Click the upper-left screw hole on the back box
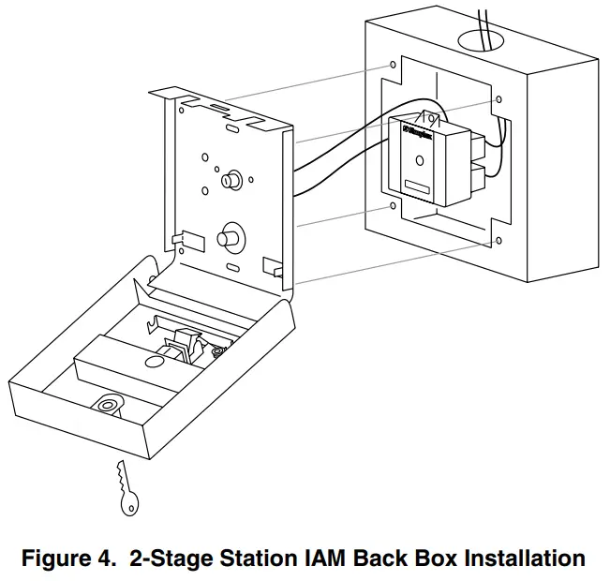point(390,67)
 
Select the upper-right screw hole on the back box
point(498,99)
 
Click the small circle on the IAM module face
point(418,160)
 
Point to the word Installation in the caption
point(514,559)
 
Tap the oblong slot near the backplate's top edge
point(217,110)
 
